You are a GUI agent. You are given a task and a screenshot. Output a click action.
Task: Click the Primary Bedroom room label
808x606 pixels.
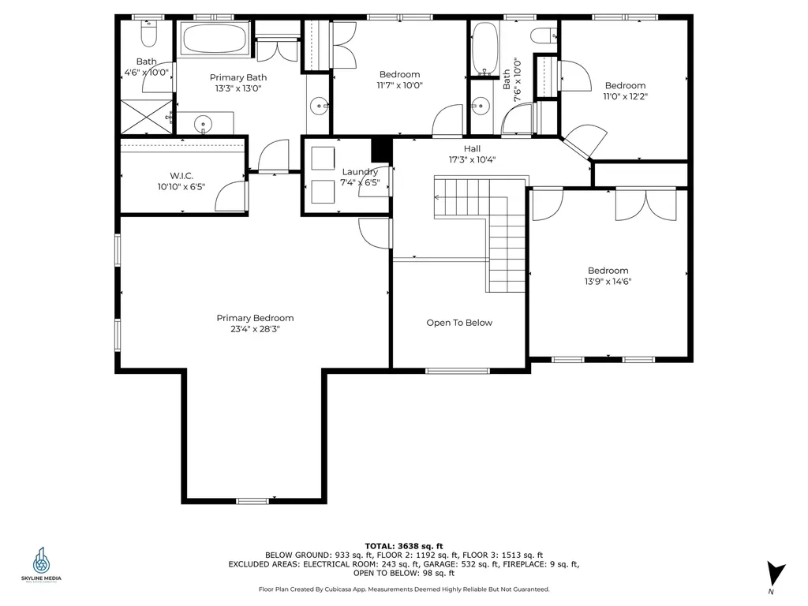click(x=255, y=318)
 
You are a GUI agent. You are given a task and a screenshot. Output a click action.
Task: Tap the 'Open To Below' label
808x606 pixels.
click(x=459, y=323)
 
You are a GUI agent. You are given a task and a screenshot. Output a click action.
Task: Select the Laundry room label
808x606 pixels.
click(x=360, y=171)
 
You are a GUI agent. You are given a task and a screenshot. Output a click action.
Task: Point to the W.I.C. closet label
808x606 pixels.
click(x=181, y=176)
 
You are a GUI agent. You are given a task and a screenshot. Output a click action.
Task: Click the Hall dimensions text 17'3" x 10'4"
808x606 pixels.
click(x=472, y=159)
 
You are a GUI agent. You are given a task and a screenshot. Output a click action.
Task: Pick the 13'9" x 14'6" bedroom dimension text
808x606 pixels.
click(x=608, y=282)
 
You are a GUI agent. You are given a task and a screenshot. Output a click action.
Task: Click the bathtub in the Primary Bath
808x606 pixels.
click(x=215, y=38)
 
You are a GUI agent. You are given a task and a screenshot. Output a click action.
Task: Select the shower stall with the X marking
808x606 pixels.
click(x=146, y=117)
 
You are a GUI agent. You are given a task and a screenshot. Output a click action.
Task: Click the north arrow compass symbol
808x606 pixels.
click(x=775, y=573)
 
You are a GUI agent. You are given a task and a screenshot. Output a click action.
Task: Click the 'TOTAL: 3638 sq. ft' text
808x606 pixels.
click(x=404, y=546)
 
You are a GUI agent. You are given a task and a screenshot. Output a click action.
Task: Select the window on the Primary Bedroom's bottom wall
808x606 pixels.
click(x=252, y=500)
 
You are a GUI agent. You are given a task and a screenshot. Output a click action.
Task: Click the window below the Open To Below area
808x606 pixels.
click(x=457, y=371)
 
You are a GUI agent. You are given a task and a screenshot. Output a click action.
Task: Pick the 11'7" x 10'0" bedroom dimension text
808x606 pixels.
click(x=399, y=85)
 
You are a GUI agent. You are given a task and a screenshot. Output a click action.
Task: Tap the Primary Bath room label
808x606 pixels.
click(x=238, y=77)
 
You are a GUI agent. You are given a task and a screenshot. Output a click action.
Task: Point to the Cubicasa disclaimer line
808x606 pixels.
click(x=404, y=589)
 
